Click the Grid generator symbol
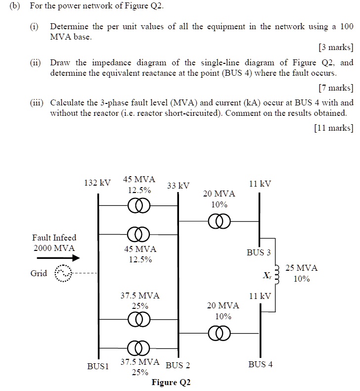(63, 273)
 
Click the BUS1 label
(97, 366)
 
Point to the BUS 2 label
(178, 366)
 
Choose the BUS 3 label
(259, 252)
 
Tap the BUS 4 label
(260, 364)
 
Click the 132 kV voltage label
(97, 183)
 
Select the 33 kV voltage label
(178, 186)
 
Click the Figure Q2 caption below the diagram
(171, 382)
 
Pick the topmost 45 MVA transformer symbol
(138, 205)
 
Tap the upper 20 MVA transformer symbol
(219, 221)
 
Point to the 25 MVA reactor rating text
(302, 268)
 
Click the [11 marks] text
(333, 128)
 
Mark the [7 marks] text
(335, 88)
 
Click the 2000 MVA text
(54, 248)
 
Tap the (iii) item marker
(37, 103)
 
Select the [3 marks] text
(335, 48)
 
